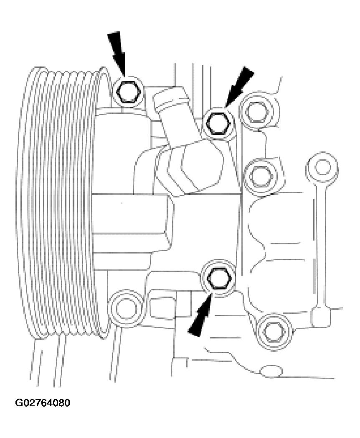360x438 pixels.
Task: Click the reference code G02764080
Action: pos(43,403)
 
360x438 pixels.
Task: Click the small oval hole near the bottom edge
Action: pos(271,370)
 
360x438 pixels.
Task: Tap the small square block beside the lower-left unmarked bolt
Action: pos(161,307)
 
